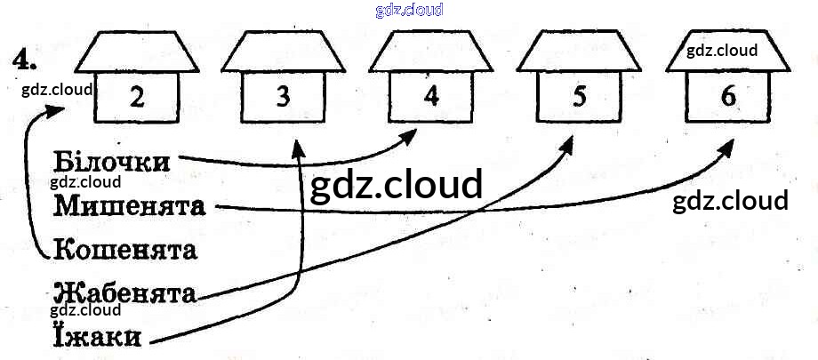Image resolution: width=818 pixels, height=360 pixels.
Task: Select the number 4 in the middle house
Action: (431, 96)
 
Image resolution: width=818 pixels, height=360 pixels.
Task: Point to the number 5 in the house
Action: (579, 96)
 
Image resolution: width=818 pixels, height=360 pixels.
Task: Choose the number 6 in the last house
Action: (728, 96)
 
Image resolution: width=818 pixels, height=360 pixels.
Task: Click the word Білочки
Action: (111, 162)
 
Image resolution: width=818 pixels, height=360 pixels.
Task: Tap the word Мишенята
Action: (130, 205)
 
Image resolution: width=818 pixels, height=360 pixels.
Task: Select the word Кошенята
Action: (125, 249)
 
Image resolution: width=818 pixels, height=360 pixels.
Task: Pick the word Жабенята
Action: (124, 292)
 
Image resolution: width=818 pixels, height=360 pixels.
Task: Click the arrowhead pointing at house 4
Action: (412, 136)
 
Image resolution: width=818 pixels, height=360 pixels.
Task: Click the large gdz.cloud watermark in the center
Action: (396, 185)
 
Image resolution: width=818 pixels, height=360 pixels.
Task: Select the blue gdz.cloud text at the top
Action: (410, 10)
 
